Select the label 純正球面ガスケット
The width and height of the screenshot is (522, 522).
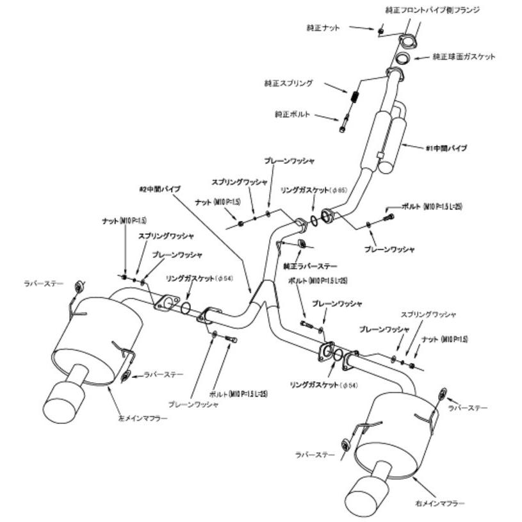[464, 56]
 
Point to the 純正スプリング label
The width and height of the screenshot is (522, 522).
[288, 83]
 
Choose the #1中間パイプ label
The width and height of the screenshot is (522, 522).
[446, 148]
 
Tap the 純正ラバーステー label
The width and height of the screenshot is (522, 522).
[310, 265]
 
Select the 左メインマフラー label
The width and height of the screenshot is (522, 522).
[144, 418]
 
